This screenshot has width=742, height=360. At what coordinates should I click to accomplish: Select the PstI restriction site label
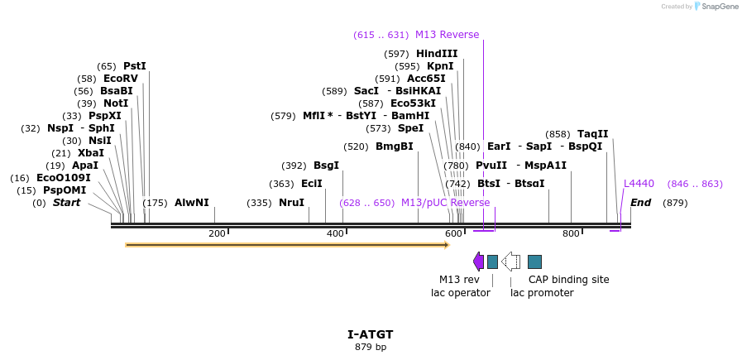click(x=134, y=66)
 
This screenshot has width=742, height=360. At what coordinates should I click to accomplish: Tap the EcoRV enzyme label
click(x=120, y=79)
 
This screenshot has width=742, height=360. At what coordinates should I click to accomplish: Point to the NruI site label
click(x=291, y=203)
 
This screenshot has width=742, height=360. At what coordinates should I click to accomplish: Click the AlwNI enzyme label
click(x=191, y=203)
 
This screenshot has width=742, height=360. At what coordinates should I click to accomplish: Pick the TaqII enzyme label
click(x=592, y=134)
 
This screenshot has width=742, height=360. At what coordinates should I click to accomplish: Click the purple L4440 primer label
click(x=639, y=184)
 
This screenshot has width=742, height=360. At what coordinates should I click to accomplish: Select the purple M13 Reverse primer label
click(x=447, y=35)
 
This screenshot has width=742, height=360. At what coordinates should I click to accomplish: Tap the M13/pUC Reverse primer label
click(x=445, y=203)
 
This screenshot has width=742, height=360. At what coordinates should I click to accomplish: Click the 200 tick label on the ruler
click(x=217, y=234)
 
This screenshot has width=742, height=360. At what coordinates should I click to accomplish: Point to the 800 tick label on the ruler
click(x=571, y=234)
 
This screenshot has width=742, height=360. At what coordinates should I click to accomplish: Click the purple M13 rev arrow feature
click(x=478, y=262)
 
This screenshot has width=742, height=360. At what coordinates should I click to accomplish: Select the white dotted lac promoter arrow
click(x=511, y=262)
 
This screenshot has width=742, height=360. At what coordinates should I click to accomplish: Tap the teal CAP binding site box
click(x=534, y=262)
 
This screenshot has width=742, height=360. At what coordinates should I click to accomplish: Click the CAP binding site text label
click(x=568, y=280)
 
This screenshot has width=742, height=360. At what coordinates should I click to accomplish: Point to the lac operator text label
click(x=460, y=292)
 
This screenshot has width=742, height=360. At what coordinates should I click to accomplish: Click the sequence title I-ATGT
click(x=370, y=334)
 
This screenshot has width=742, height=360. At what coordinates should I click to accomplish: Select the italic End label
click(x=640, y=203)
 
